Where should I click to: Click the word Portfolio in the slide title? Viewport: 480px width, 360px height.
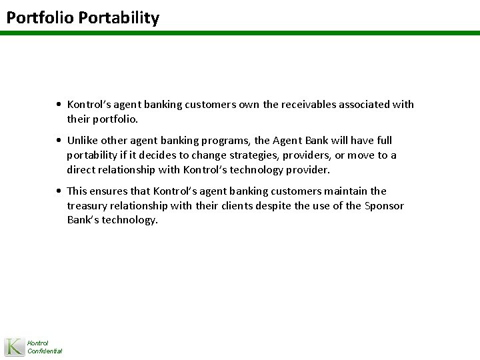(39, 17)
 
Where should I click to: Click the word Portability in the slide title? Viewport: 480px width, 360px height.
(119, 17)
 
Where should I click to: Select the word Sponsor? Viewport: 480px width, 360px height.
(385, 206)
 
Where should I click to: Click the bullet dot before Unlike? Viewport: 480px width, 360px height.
(60, 141)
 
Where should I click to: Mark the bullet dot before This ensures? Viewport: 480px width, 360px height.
(60, 192)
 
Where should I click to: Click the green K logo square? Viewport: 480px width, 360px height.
(14, 347)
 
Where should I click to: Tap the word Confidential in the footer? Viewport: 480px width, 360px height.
(45, 351)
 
